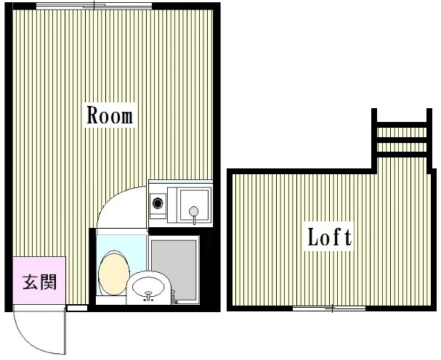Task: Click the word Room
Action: [x=110, y=115]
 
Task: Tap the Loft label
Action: [x=329, y=237]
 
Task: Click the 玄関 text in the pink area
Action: [x=40, y=282]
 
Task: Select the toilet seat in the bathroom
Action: [x=114, y=273]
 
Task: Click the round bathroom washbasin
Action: [x=148, y=287]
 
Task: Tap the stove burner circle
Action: [x=158, y=202]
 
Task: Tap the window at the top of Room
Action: [x=94, y=6]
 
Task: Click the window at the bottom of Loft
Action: [x=329, y=308]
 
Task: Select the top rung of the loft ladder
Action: [x=402, y=125]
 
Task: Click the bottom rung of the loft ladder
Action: [x=402, y=155]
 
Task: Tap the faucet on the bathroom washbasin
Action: [x=148, y=296]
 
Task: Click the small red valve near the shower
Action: [x=177, y=302]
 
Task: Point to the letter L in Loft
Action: [x=313, y=237]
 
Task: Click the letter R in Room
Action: [x=93, y=115]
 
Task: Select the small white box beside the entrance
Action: [x=77, y=308]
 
